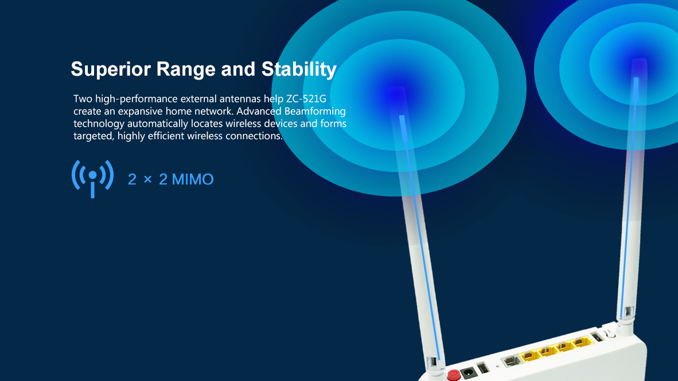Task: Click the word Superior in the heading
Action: (x=111, y=69)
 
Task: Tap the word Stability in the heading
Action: (x=299, y=69)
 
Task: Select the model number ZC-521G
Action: (x=306, y=99)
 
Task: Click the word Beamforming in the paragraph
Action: (x=315, y=112)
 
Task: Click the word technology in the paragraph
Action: (x=99, y=124)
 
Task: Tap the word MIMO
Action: (x=192, y=179)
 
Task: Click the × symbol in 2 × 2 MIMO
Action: (x=147, y=179)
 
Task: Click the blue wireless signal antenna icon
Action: (x=92, y=178)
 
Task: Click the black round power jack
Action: (x=467, y=373)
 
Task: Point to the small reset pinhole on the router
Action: (x=497, y=366)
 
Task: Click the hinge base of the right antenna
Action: (x=625, y=322)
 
